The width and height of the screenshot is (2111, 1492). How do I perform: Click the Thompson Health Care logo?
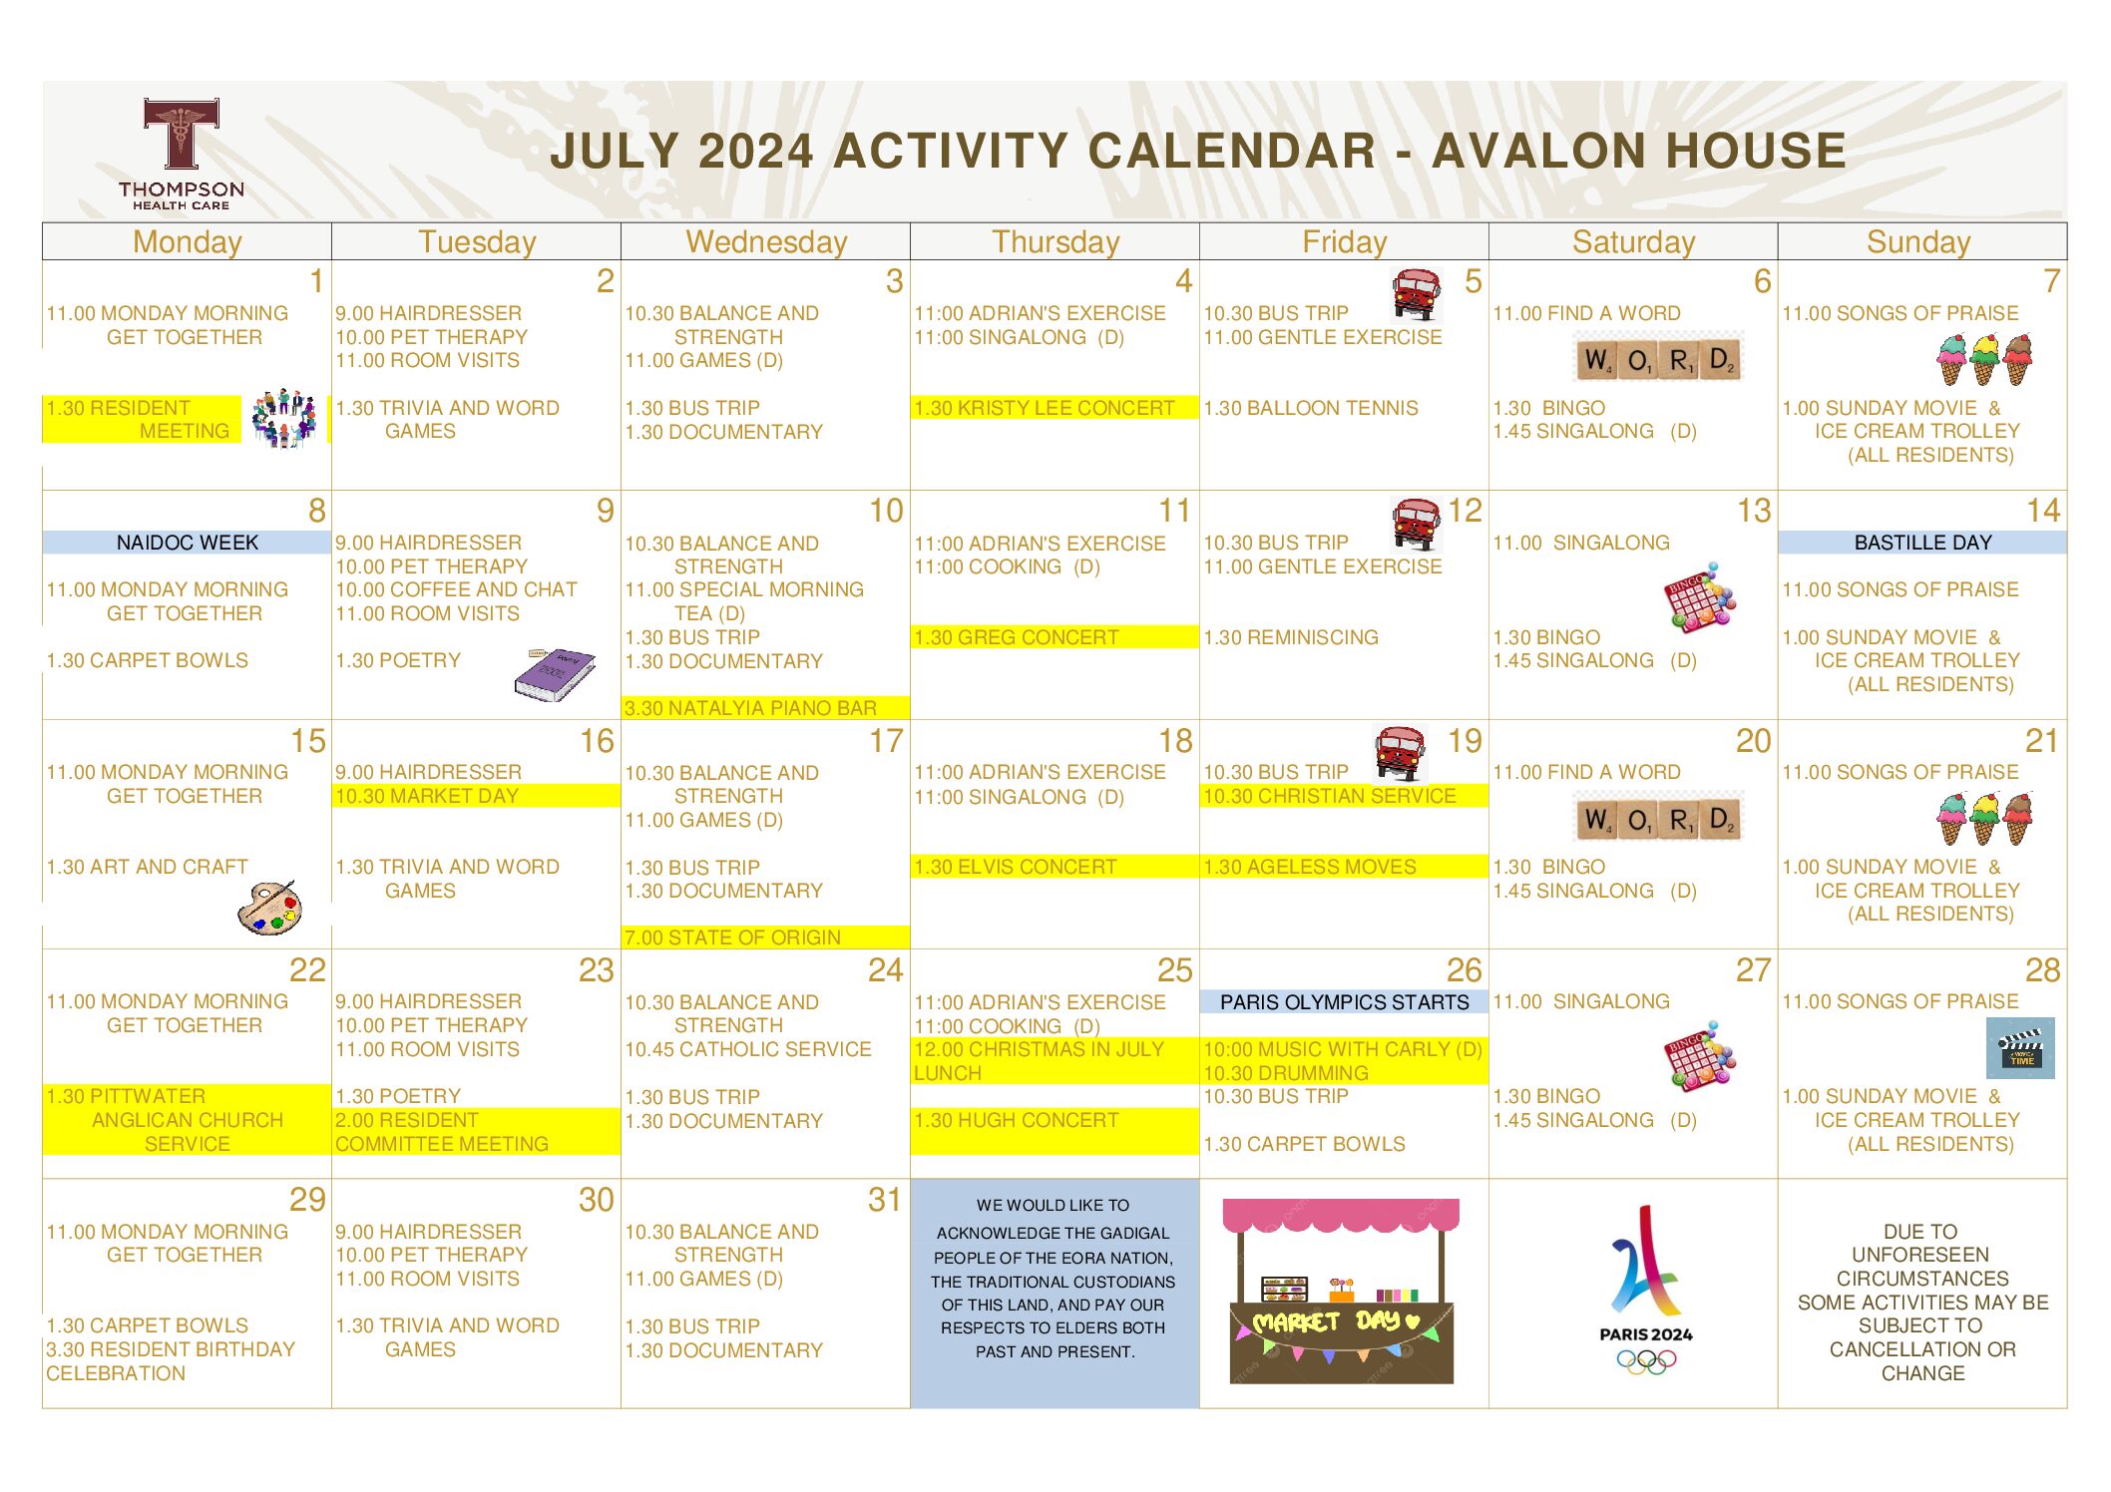[181, 154]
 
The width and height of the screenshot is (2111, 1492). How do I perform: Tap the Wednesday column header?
[766, 242]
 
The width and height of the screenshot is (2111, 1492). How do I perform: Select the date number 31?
[884, 1199]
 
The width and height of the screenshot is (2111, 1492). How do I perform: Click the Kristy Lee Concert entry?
[1045, 408]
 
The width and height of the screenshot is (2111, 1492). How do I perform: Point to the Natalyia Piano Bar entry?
[750, 708]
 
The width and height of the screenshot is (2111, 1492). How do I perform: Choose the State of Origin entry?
[732, 937]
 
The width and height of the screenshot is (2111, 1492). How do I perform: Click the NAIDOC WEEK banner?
[187, 543]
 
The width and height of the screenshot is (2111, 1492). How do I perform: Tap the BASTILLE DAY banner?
[1922, 543]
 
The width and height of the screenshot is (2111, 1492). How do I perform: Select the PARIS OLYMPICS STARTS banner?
[1344, 1001]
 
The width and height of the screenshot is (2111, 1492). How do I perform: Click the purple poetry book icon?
[555, 674]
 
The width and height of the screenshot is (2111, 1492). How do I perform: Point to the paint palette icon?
[270, 908]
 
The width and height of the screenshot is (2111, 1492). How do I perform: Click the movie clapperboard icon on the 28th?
[2020, 1048]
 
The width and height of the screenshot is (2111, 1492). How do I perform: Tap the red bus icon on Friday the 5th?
[1417, 294]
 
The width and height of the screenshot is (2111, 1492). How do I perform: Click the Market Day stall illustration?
[1342, 1291]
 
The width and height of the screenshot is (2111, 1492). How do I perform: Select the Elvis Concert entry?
[1016, 867]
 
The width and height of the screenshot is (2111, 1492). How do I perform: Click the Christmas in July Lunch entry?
[1040, 1061]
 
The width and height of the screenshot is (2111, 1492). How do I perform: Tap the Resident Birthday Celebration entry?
[171, 1361]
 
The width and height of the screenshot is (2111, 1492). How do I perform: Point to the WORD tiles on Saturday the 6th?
[1658, 359]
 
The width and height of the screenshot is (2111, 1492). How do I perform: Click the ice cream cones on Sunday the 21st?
[1984, 819]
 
